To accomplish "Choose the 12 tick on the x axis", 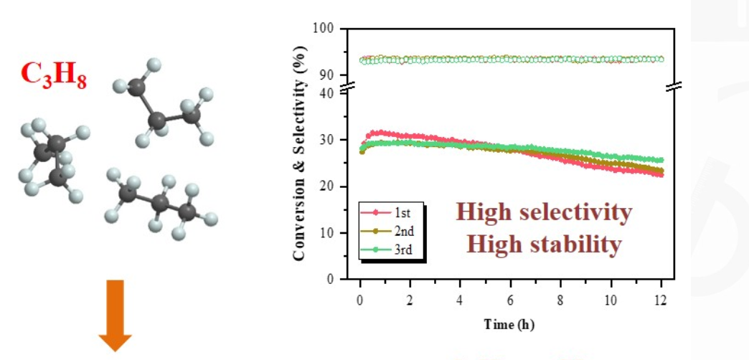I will pyautogui.click(x=661, y=298).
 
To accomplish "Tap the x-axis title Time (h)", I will pyautogui.click(x=509, y=325).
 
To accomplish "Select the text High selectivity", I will pyautogui.click(x=544, y=213).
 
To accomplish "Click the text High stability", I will pyautogui.click(x=544, y=245).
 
